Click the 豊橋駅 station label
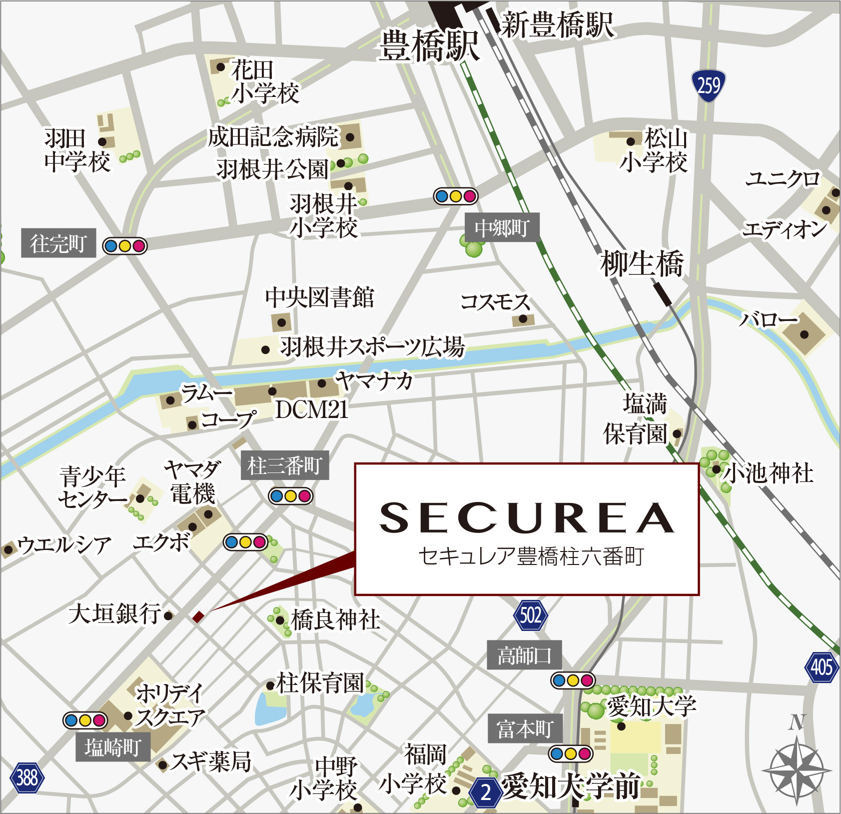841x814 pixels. click(x=429, y=46)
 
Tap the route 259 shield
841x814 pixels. click(x=708, y=86)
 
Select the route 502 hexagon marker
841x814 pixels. click(x=530, y=615)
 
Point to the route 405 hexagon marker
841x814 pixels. click(x=822, y=667)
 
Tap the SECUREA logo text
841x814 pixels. click(x=527, y=518)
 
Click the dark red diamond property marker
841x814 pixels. click(x=198, y=616)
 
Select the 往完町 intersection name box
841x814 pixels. click(x=58, y=244)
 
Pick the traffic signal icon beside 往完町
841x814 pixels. click(x=124, y=246)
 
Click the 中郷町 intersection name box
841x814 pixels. click(x=502, y=228)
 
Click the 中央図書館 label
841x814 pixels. click(x=319, y=297)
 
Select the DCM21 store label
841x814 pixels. click(x=311, y=410)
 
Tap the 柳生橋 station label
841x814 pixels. click(x=642, y=263)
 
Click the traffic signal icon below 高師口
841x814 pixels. click(x=573, y=680)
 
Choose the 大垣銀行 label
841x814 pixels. click(x=115, y=613)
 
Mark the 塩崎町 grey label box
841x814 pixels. click(x=112, y=747)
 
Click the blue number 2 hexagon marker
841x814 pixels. click(x=485, y=792)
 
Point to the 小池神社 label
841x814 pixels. click(x=769, y=472)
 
